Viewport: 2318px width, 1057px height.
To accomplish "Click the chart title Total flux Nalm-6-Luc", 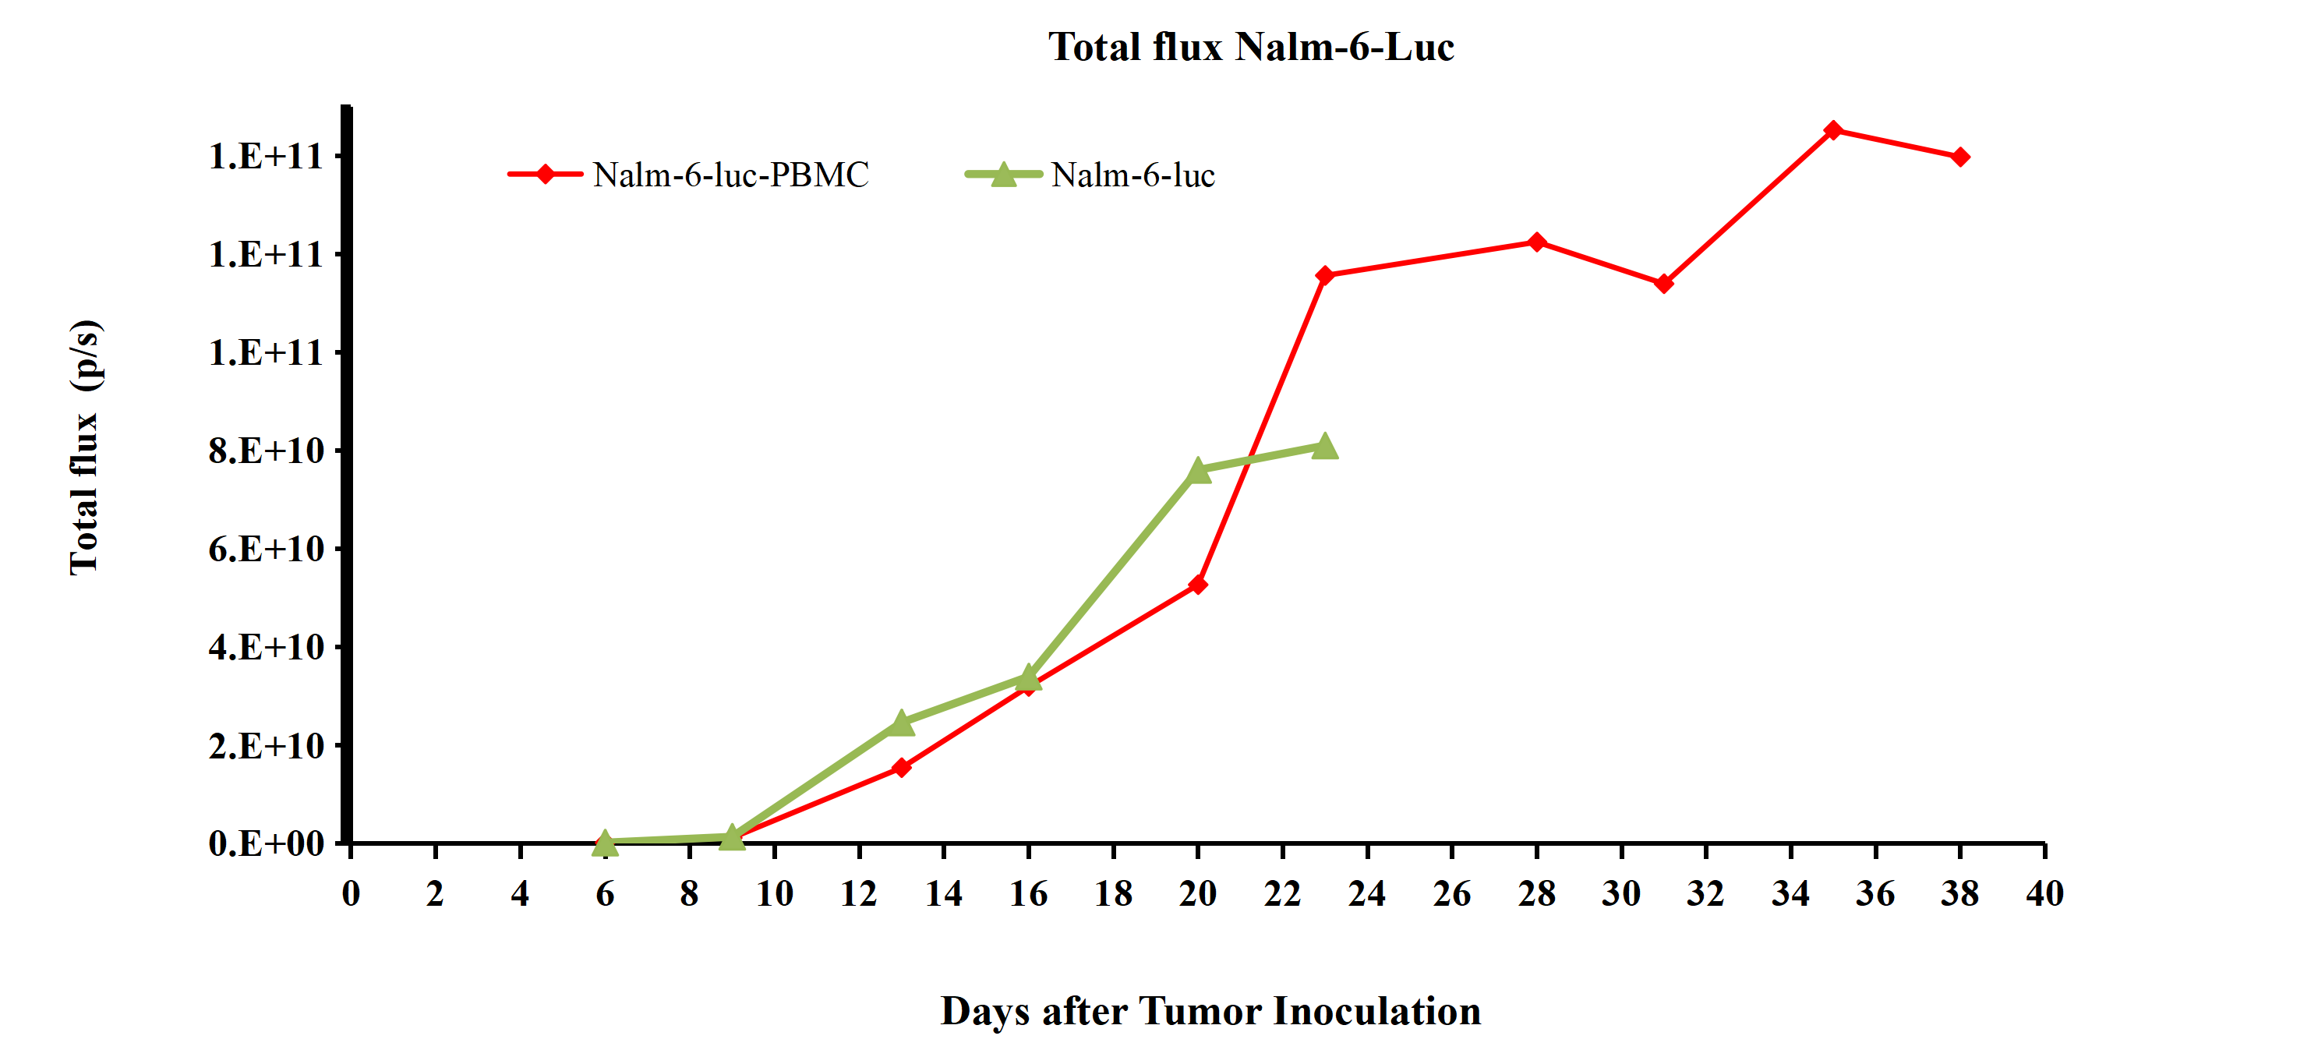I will tap(1250, 47).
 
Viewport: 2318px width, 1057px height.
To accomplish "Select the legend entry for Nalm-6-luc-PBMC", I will tap(730, 175).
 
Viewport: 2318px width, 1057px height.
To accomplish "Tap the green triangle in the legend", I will tap(1003, 175).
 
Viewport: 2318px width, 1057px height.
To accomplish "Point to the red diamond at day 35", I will tap(1833, 130).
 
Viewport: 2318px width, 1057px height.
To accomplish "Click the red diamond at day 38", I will tap(1960, 157).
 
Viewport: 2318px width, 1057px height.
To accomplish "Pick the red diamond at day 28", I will tap(1537, 242).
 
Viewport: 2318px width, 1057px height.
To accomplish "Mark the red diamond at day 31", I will tap(1664, 284).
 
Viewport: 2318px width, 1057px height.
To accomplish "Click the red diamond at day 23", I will tap(1324, 275).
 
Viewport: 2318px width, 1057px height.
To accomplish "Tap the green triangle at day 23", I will tap(1324, 446).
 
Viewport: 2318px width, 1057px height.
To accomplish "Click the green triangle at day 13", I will tap(901, 723).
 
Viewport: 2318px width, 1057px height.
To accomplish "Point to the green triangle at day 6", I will tap(605, 843).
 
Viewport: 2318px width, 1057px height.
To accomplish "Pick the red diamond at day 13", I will tap(901, 767).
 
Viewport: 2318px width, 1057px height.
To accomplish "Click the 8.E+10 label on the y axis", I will tap(266, 451).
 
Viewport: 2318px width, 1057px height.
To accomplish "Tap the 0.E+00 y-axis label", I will tap(266, 843).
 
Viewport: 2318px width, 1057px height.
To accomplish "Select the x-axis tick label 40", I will tap(2044, 893).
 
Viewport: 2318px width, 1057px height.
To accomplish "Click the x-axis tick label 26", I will tap(1451, 893).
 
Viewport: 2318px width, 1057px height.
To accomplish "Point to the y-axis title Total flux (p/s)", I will tap(86, 447).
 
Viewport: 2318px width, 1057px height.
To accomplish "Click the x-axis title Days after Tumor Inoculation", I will tap(1210, 1011).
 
